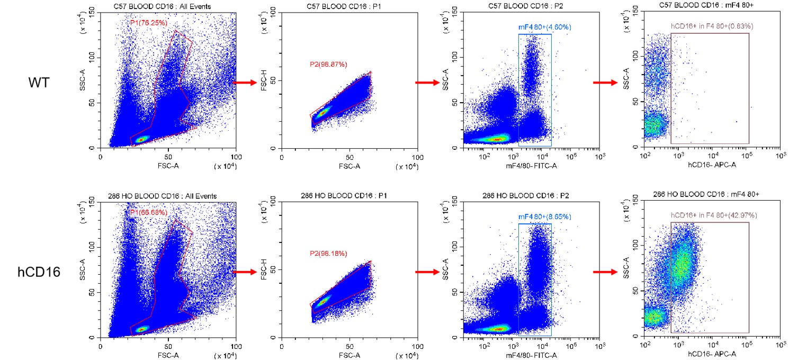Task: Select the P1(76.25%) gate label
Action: point(149,23)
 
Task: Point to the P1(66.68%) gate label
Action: point(149,212)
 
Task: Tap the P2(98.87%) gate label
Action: point(328,65)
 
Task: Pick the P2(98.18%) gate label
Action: point(328,254)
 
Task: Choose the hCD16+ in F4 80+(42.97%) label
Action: point(710,215)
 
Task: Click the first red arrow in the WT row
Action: point(245,83)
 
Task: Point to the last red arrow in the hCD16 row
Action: point(605,272)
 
